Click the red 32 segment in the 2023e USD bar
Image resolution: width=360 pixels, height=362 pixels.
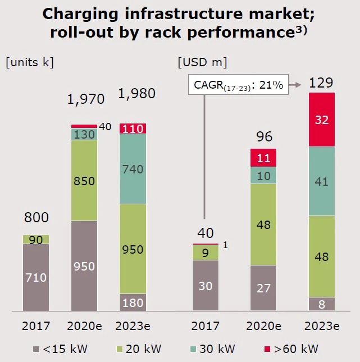pyautogui.click(x=322, y=120)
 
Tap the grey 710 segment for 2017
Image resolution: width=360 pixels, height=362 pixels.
pyautogui.click(x=36, y=277)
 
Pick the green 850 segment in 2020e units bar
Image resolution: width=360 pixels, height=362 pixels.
pyautogui.click(x=84, y=180)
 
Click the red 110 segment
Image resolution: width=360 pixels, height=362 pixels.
pyautogui.click(x=133, y=129)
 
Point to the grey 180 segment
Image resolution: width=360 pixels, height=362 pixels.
pyautogui.click(x=133, y=302)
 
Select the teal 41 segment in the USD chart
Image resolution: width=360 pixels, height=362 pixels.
pyautogui.click(x=322, y=181)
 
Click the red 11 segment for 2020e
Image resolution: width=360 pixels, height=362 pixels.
pyautogui.click(x=264, y=158)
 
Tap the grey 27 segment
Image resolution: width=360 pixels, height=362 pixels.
pyautogui.click(x=264, y=287)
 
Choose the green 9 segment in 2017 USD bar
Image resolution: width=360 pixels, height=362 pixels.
pyautogui.click(x=206, y=253)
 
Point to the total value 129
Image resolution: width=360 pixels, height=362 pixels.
pyautogui.click(x=321, y=84)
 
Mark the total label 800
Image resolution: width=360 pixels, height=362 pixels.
pyautogui.click(x=36, y=217)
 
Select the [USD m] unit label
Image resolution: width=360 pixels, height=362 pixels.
pyautogui.click(x=202, y=62)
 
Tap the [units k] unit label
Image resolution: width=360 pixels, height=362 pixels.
pyautogui.click(x=29, y=62)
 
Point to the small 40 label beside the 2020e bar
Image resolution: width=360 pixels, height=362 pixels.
pyautogui.click(x=106, y=127)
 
